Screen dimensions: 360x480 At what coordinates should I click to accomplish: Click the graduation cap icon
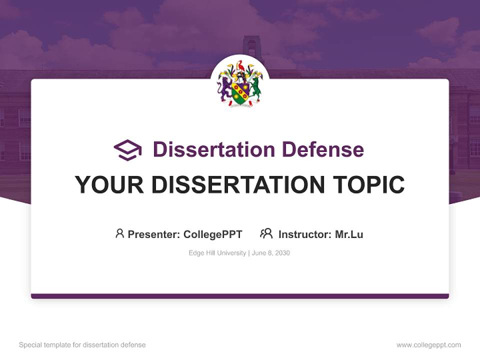click(127, 150)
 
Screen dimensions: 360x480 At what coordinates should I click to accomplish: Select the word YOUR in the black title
click(109, 185)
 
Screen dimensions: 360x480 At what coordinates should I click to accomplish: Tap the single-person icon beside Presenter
click(119, 233)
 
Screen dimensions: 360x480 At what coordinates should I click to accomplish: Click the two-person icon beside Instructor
click(266, 233)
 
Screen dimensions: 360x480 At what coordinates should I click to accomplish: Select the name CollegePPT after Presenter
click(212, 234)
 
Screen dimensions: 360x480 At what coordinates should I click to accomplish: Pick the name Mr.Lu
click(349, 234)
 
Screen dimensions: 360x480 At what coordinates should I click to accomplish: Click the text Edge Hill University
click(217, 253)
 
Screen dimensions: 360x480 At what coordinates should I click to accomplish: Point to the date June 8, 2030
click(271, 253)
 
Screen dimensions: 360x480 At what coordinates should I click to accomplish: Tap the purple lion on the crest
click(225, 87)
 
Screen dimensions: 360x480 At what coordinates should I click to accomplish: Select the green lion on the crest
click(255, 87)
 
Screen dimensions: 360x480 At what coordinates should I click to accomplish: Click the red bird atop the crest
click(240, 65)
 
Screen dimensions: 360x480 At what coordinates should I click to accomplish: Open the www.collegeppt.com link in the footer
click(428, 345)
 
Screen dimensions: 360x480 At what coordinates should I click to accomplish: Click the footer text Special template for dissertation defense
click(82, 345)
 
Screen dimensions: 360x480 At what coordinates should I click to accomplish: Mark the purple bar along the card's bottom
click(240, 296)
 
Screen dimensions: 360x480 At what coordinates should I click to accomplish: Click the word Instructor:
click(305, 234)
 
